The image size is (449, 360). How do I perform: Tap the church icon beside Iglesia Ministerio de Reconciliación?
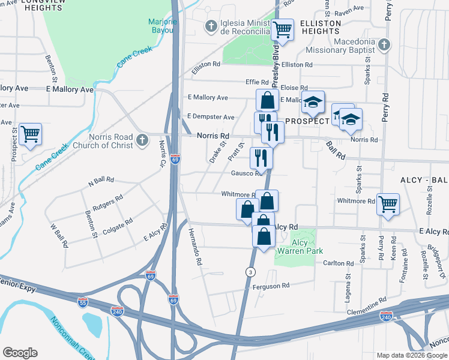point(210,26)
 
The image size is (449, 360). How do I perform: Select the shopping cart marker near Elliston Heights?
point(282,29)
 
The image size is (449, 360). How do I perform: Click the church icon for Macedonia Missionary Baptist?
point(384,44)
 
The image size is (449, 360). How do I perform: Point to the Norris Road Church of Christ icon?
point(142,140)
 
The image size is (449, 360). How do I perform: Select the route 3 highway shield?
point(249,272)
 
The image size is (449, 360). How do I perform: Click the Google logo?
point(20,352)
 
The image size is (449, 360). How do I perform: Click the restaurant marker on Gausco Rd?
point(261,158)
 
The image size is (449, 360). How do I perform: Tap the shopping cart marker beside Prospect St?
point(30,134)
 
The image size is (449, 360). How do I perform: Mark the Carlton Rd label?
point(339,263)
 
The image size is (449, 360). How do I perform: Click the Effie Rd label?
point(256,82)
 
